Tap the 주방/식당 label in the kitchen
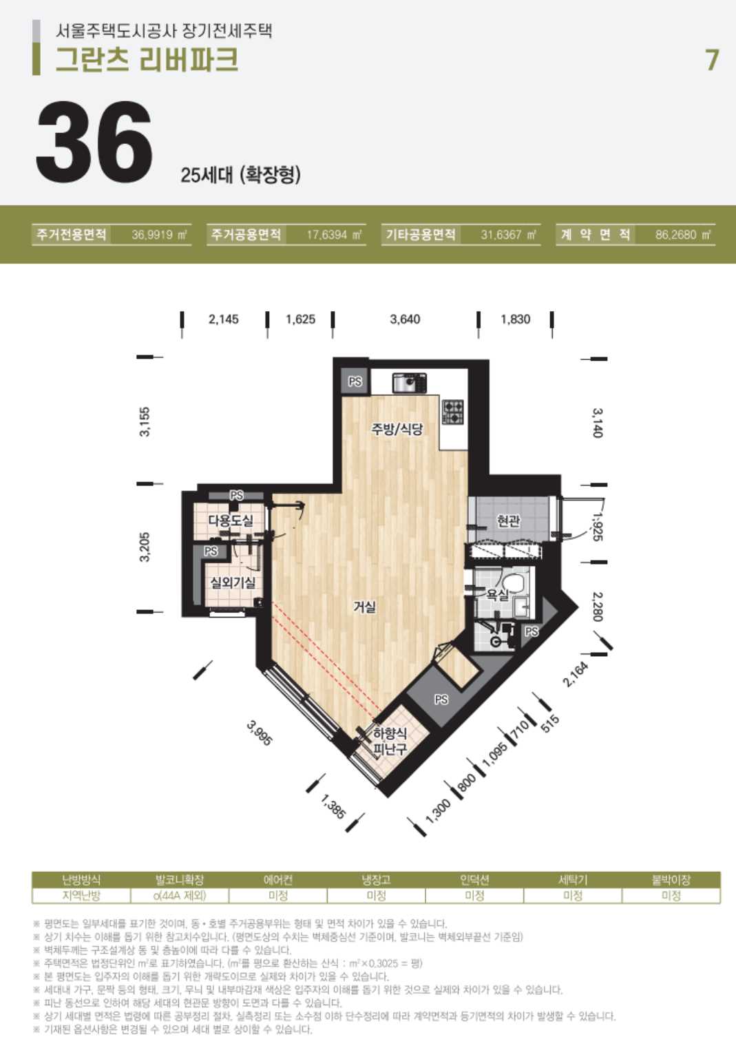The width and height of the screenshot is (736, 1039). [x=397, y=428]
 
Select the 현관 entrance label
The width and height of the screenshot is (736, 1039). [x=508, y=521]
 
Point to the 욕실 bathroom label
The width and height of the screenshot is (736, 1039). [x=497, y=594]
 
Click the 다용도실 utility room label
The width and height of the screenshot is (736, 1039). [x=231, y=520]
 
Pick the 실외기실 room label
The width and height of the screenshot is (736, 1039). [x=233, y=582]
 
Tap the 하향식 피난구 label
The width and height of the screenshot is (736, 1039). [x=390, y=741]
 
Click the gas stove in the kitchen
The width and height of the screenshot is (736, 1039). [x=452, y=412]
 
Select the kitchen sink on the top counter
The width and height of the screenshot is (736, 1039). [x=410, y=383]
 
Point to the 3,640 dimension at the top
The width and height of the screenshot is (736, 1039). [x=405, y=319]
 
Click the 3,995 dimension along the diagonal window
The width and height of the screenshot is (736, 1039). [x=260, y=733]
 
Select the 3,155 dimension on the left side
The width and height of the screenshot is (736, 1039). [x=145, y=421]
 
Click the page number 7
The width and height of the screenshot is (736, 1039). [x=712, y=60]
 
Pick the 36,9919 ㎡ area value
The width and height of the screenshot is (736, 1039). [x=159, y=235]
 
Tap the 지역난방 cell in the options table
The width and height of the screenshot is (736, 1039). [x=81, y=895]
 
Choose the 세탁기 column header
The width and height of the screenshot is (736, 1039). [x=573, y=879]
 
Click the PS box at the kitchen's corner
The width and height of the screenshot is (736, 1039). [x=355, y=381]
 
